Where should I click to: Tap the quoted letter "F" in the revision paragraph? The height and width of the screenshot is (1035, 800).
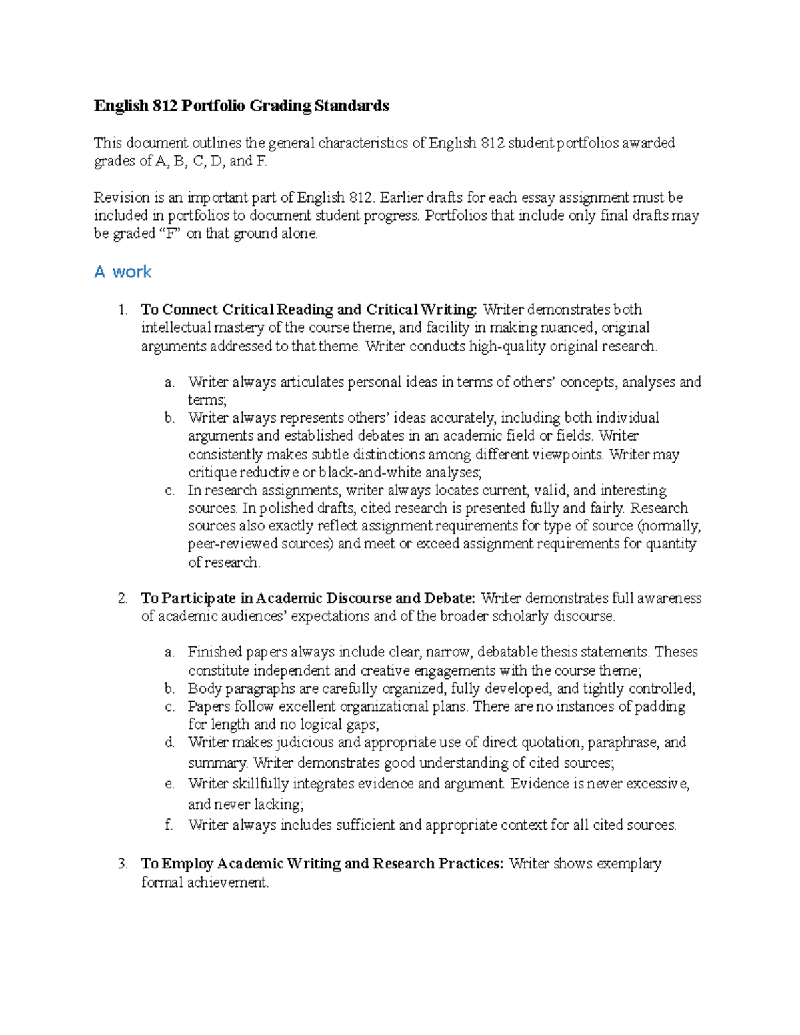click(x=169, y=234)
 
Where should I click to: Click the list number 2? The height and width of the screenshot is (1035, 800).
click(x=122, y=598)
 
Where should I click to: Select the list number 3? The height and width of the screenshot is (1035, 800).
click(x=122, y=864)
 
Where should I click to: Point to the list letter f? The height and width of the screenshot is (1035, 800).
click(x=169, y=825)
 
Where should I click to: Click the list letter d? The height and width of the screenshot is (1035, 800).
click(x=169, y=742)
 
